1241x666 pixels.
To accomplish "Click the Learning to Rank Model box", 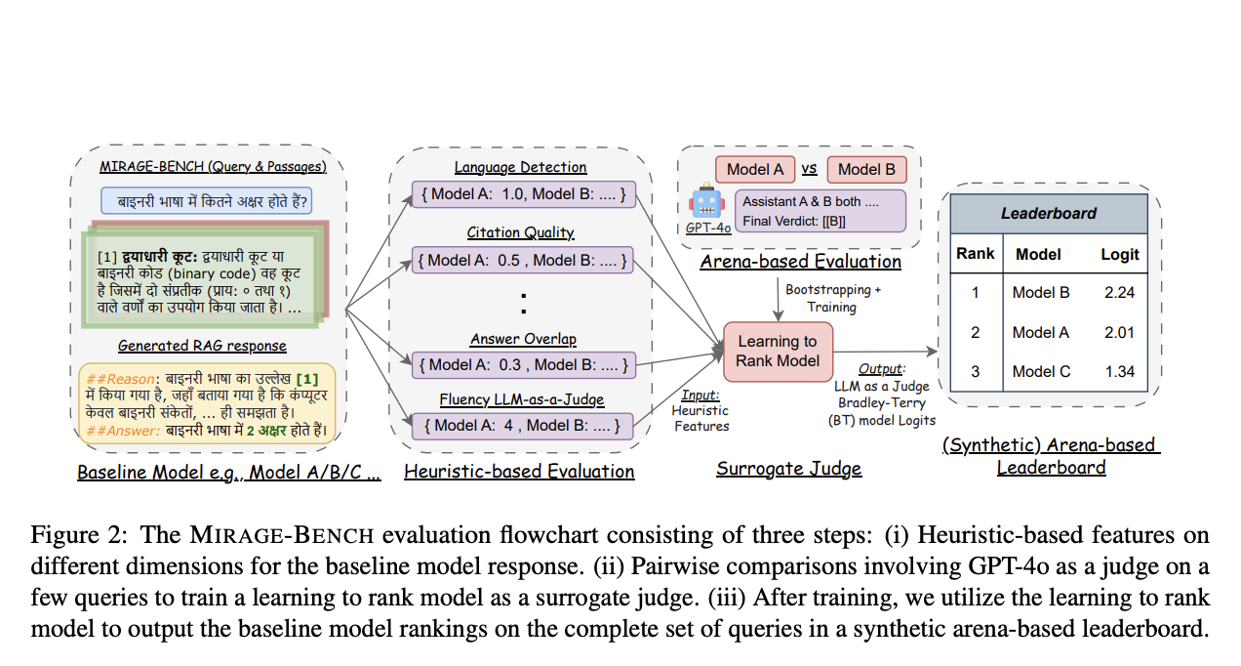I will tap(778, 353).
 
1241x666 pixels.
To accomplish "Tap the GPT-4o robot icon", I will tap(705, 202).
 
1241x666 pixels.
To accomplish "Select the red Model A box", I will tap(755, 170).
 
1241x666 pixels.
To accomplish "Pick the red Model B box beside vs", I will tap(866, 170).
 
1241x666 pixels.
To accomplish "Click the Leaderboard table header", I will tap(1049, 213).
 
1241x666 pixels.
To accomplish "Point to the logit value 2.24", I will tap(1119, 292).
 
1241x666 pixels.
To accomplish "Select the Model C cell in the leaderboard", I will tap(1040, 371).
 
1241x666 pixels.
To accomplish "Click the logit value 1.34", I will tap(1119, 371).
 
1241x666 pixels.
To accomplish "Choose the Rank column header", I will tap(975, 254).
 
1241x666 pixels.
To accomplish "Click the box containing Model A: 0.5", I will tap(522, 260).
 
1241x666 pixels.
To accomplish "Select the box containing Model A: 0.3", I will tap(522, 365).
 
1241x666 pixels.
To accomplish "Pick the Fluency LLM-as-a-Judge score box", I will tap(522, 425).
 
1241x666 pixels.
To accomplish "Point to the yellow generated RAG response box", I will tap(207, 402).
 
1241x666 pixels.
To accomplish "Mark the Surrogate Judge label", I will tap(788, 469).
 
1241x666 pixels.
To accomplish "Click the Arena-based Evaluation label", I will tap(800, 262).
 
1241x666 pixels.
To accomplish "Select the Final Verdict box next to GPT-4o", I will tap(820, 211).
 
